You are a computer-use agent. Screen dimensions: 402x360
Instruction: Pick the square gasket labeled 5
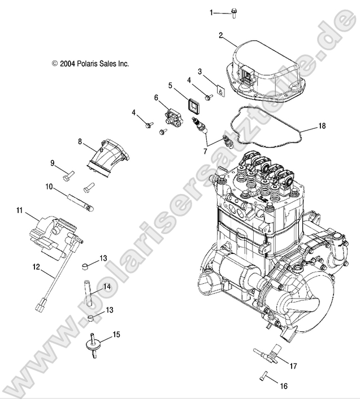click(x=194, y=105)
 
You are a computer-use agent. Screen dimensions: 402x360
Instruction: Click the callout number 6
click(x=156, y=97)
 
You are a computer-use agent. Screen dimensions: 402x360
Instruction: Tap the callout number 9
click(x=52, y=163)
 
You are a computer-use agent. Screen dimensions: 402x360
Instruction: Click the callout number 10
click(x=49, y=186)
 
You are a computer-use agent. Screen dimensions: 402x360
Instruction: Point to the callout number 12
click(x=36, y=266)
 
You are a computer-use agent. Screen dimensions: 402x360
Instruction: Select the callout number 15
click(x=116, y=335)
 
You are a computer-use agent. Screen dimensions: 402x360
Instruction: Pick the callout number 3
click(x=199, y=71)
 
